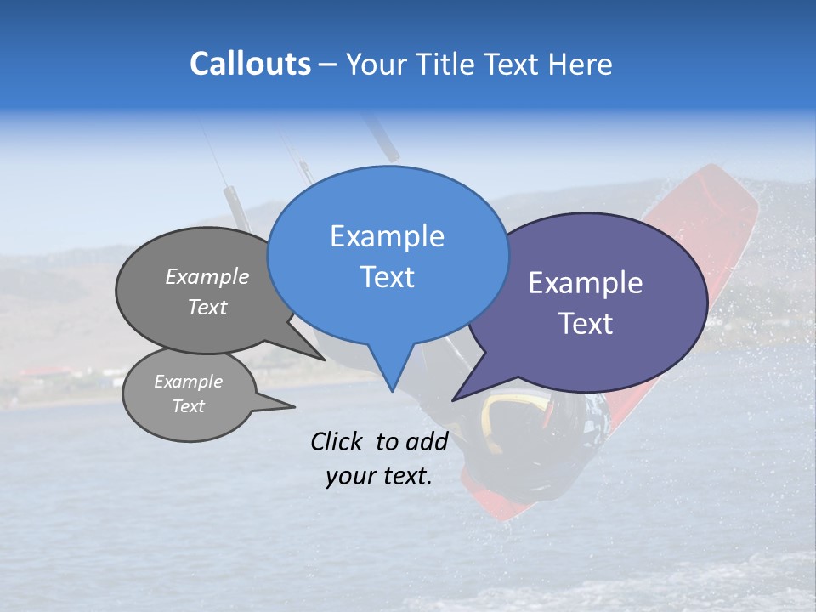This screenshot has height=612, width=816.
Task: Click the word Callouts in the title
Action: [x=250, y=64]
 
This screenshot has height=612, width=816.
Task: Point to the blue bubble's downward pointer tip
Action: [x=391, y=388]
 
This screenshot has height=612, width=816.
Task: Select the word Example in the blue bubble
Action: [x=387, y=235]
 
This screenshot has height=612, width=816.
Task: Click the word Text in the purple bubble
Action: [x=586, y=324]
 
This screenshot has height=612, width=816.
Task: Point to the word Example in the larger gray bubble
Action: [x=207, y=276]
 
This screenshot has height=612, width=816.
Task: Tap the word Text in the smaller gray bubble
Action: [x=188, y=406]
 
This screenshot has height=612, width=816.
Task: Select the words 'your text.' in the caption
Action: [x=379, y=476]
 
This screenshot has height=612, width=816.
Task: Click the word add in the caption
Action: [x=428, y=441]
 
